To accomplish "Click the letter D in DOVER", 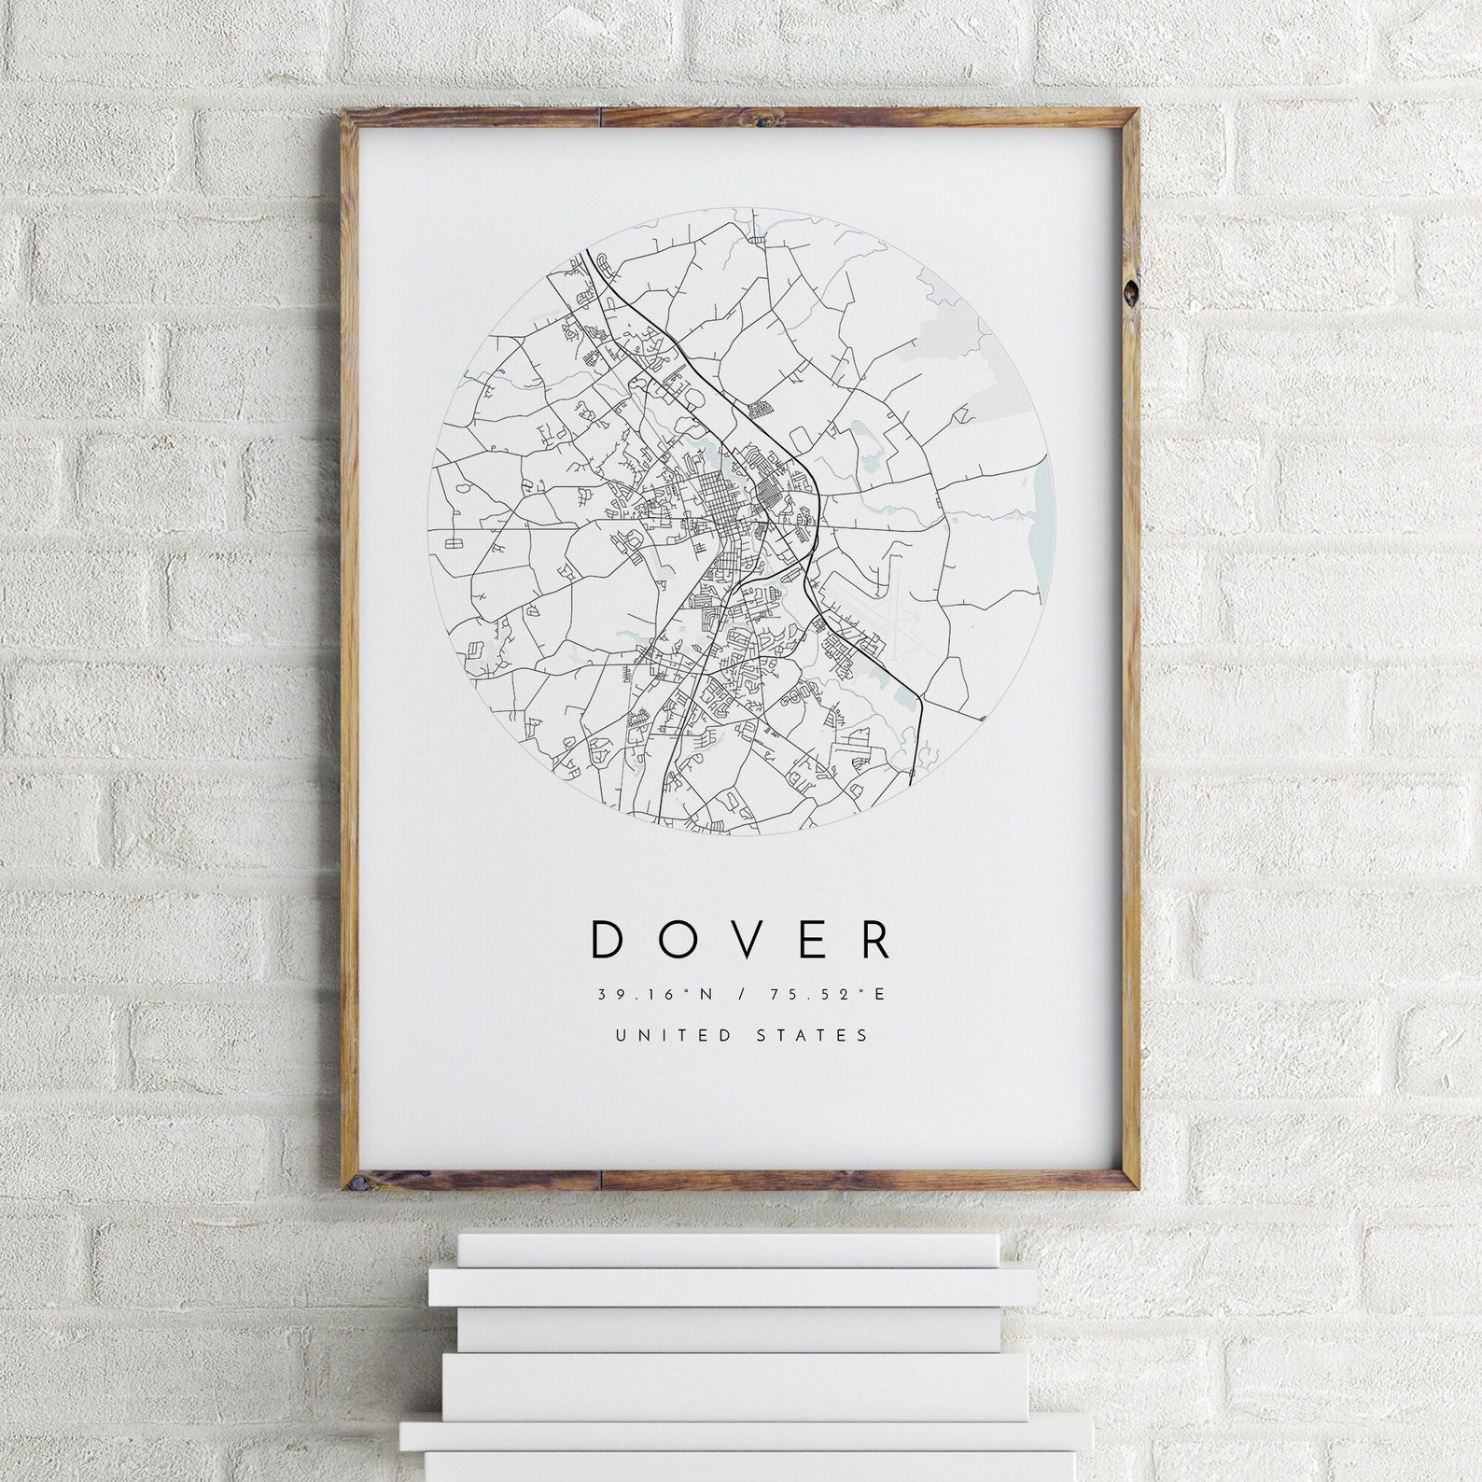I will tap(608, 940).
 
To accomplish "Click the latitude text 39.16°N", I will tap(656, 995).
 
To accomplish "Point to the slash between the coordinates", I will tap(741, 995).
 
